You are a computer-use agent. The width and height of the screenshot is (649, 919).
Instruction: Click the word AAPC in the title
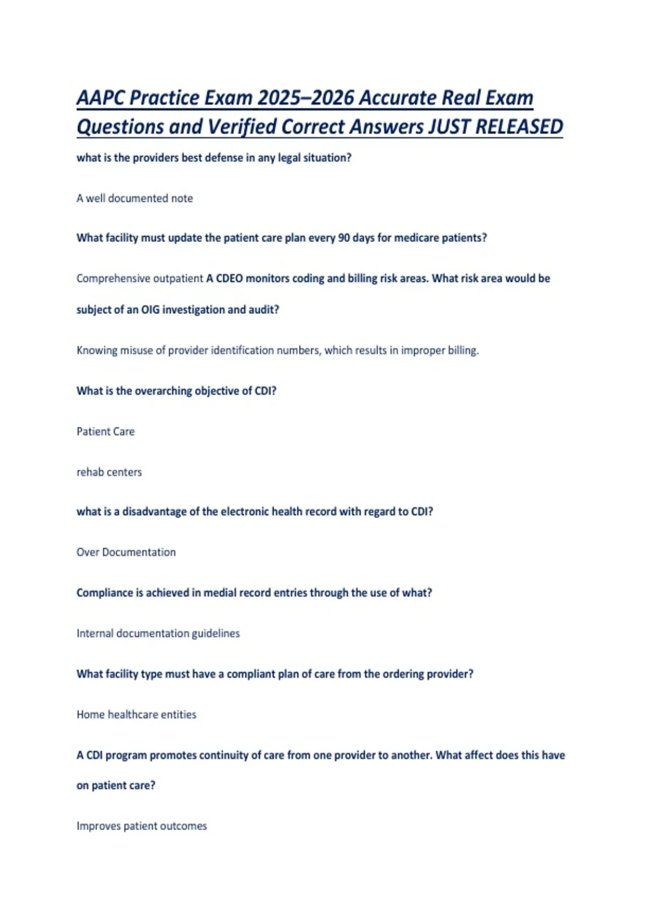(x=101, y=98)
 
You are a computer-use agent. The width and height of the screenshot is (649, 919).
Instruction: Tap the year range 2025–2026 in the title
(x=306, y=98)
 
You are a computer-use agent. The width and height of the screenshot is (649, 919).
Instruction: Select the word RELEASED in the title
(x=519, y=126)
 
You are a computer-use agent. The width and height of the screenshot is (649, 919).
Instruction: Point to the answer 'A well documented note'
(x=135, y=198)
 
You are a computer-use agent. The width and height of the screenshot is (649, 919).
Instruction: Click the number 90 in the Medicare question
(x=344, y=238)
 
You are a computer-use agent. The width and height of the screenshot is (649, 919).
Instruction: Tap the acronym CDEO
(x=229, y=278)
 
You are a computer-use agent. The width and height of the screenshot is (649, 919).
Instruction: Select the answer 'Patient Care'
(x=105, y=431)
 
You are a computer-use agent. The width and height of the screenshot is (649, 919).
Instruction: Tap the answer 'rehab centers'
(x=109, y=472)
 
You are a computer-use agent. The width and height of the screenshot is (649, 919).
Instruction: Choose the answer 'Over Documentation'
(x=126, y=552)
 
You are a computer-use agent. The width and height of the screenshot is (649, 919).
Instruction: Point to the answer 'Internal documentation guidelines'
(x=158, y=633)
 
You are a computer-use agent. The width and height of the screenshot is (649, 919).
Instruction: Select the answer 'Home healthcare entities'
(x=136, y=714)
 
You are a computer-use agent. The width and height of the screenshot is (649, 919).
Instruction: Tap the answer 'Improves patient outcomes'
(x=142, y=826)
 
